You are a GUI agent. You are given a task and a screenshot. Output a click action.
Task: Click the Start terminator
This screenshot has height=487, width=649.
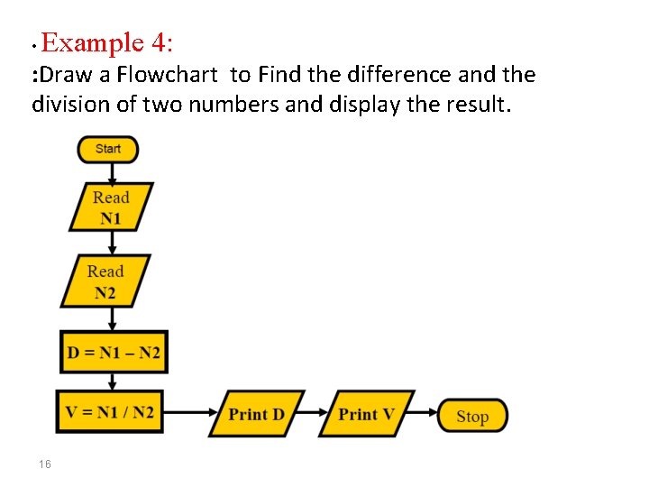tap(108, 149)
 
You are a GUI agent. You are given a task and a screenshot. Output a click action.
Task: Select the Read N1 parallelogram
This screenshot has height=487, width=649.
tap(111, 207)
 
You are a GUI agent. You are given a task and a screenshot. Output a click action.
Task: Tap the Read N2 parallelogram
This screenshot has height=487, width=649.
tap(105, 281)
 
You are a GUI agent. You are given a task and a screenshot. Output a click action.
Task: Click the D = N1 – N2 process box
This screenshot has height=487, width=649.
tap(113, 352)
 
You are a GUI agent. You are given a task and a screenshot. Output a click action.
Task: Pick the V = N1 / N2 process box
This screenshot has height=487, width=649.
tap(110, 413)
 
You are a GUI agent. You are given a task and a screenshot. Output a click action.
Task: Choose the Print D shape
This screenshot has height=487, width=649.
tap(257, 414)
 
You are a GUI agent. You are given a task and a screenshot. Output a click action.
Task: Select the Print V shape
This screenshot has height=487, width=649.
tap(367, 414)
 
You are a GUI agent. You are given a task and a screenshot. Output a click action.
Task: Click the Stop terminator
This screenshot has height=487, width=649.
tap(472, 416)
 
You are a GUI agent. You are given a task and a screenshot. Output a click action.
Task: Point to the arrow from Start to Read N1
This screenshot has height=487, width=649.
tap(108, 173)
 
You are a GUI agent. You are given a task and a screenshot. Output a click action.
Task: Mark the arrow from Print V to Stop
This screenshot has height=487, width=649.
tap(425, 415)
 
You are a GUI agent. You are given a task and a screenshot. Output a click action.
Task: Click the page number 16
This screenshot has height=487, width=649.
tap(45, 464)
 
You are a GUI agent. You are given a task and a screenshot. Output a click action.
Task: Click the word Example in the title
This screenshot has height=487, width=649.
tap(92, 42)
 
